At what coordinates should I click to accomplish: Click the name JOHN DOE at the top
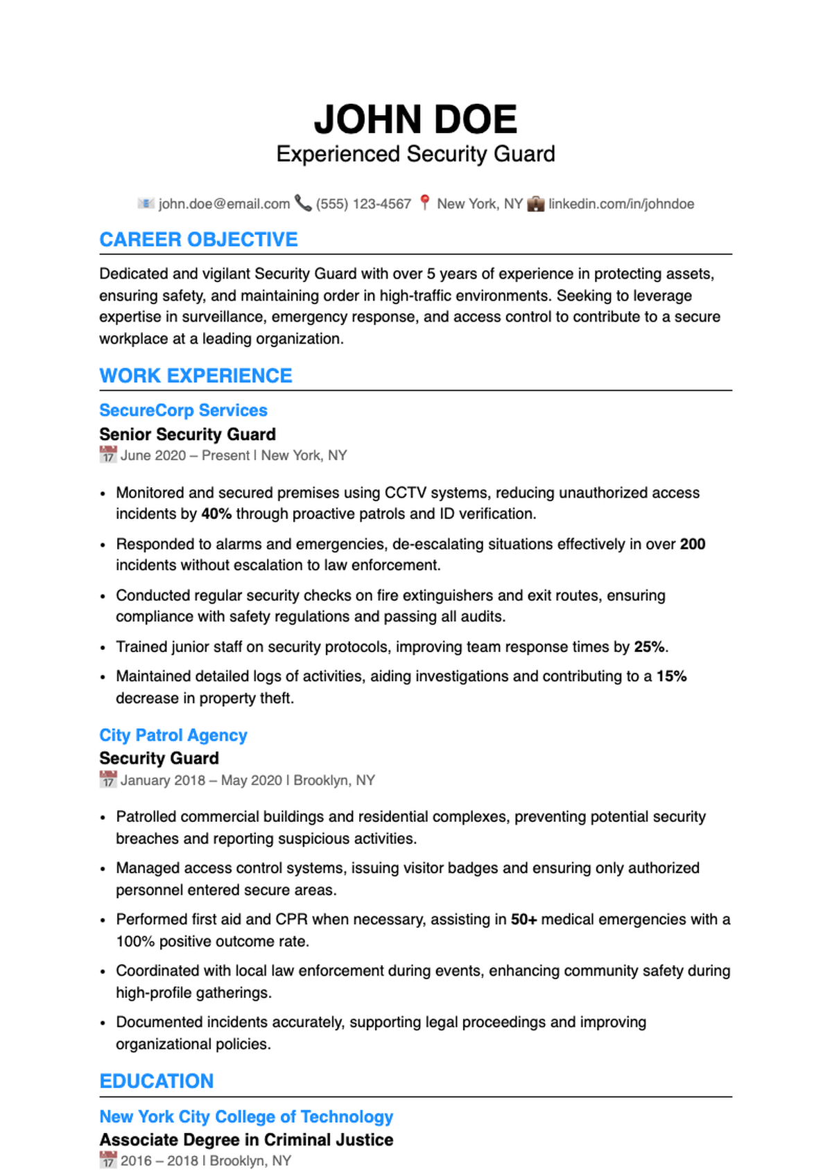[x=415, y=119]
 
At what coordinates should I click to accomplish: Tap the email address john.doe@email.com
[x=224, y=204]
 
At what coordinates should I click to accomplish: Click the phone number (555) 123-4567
[x=363, y=204]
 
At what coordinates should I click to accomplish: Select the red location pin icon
[x=425, y=202]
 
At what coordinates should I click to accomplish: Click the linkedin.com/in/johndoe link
[x=621, y=204]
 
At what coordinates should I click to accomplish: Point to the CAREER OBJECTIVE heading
[x=198, y=240]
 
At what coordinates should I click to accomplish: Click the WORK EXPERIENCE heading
[x=196, y=376]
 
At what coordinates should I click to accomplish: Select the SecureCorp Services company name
[x=183, y=410]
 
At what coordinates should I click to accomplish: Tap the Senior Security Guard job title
[x=187, y=435]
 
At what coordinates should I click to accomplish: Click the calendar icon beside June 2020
[x=107, y=455]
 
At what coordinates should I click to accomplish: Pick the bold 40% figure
[x=216, y=514]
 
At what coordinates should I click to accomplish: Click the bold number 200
[x=692, y=544]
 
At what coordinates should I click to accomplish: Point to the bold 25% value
[x=650, y=647]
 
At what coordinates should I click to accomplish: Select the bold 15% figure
[x=671, y=676]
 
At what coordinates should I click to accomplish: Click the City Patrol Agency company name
[x=173, y=735]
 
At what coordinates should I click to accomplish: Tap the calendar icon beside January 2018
[x=107, y=780]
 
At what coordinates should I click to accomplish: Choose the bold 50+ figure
[x=523, y=920]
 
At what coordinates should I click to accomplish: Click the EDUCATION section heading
[x=157, y=1081]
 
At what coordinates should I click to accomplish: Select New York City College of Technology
[x=246, y=1116]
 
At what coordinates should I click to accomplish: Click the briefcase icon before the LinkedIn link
[x=535, y=204]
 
